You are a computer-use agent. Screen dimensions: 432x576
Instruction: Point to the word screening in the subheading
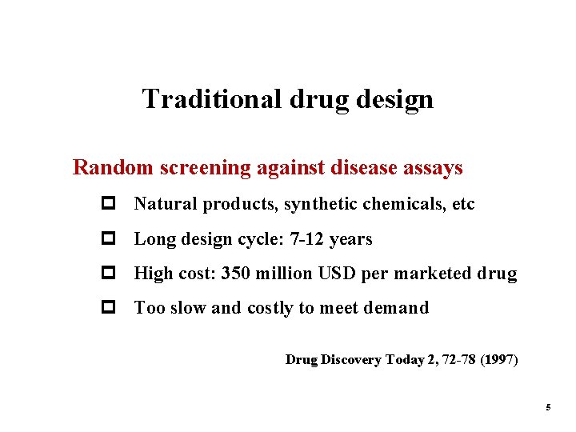point(201,168)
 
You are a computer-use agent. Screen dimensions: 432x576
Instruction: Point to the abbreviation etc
point(463,204)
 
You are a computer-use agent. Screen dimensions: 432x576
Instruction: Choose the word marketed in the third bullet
point(433,274)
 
